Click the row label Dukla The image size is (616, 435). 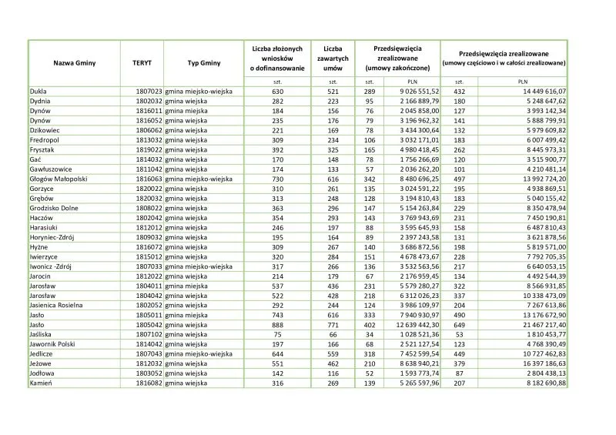(x=38, y=91)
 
